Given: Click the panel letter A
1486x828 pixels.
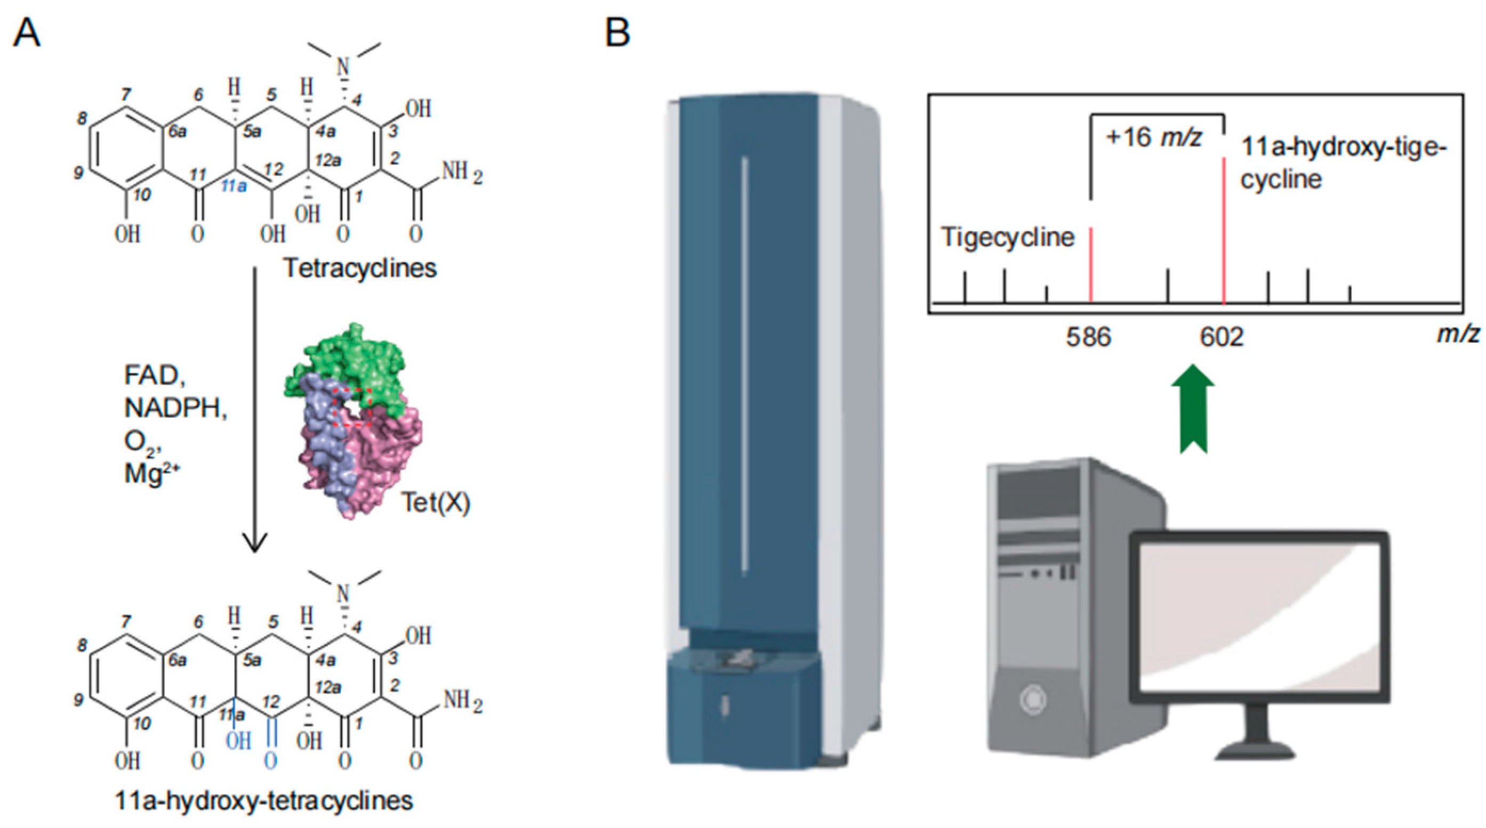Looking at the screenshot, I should click(27, 33).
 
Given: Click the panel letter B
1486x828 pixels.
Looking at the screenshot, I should click(617, 33).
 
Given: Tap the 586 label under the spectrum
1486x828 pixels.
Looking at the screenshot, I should click(1088, 337).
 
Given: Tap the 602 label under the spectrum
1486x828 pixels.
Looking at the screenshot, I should click(1222, 337).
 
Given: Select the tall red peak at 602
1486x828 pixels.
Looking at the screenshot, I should click(1224, 231).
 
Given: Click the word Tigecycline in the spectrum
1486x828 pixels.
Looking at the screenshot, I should click(1008, 237).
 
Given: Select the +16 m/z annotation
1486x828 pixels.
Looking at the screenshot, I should click(1154, 139).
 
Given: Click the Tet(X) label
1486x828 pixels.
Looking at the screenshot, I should click(436, 503).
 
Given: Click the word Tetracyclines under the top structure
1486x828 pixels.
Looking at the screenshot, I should click(360, 268).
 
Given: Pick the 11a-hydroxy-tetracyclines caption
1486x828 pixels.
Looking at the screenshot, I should click(263, 801).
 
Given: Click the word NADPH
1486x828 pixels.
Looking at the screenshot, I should click(175, 408).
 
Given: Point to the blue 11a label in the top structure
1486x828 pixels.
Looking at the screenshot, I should click(234, 185).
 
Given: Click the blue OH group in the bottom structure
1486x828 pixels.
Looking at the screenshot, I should click(238, 741).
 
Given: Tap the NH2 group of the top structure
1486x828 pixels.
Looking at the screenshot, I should click(461, 173).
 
